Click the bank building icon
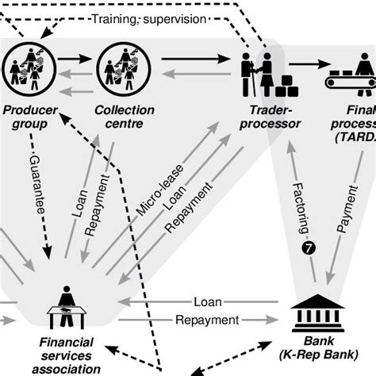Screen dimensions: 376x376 coord(318,309)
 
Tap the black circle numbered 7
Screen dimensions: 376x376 coord(309,249)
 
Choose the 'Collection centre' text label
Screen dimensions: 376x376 coord(123,117)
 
